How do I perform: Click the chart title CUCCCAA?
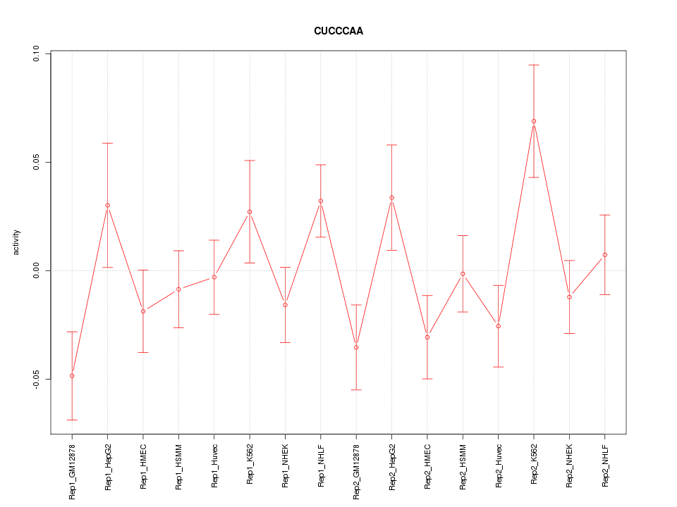338,32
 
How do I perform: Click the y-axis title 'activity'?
16,243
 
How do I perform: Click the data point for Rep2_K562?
534,121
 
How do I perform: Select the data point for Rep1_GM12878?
72,376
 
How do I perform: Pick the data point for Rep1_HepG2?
107,206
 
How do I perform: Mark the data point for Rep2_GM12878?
356,347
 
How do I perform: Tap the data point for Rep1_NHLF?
321,201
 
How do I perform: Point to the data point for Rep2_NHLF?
605,255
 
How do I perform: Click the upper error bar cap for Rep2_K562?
534,65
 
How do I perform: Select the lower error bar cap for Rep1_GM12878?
72,420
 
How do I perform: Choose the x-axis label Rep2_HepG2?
392,466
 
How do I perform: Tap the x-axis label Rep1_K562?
250,464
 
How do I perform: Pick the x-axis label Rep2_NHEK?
570,465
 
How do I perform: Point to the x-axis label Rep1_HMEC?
143,465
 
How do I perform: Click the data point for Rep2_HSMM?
463,274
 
